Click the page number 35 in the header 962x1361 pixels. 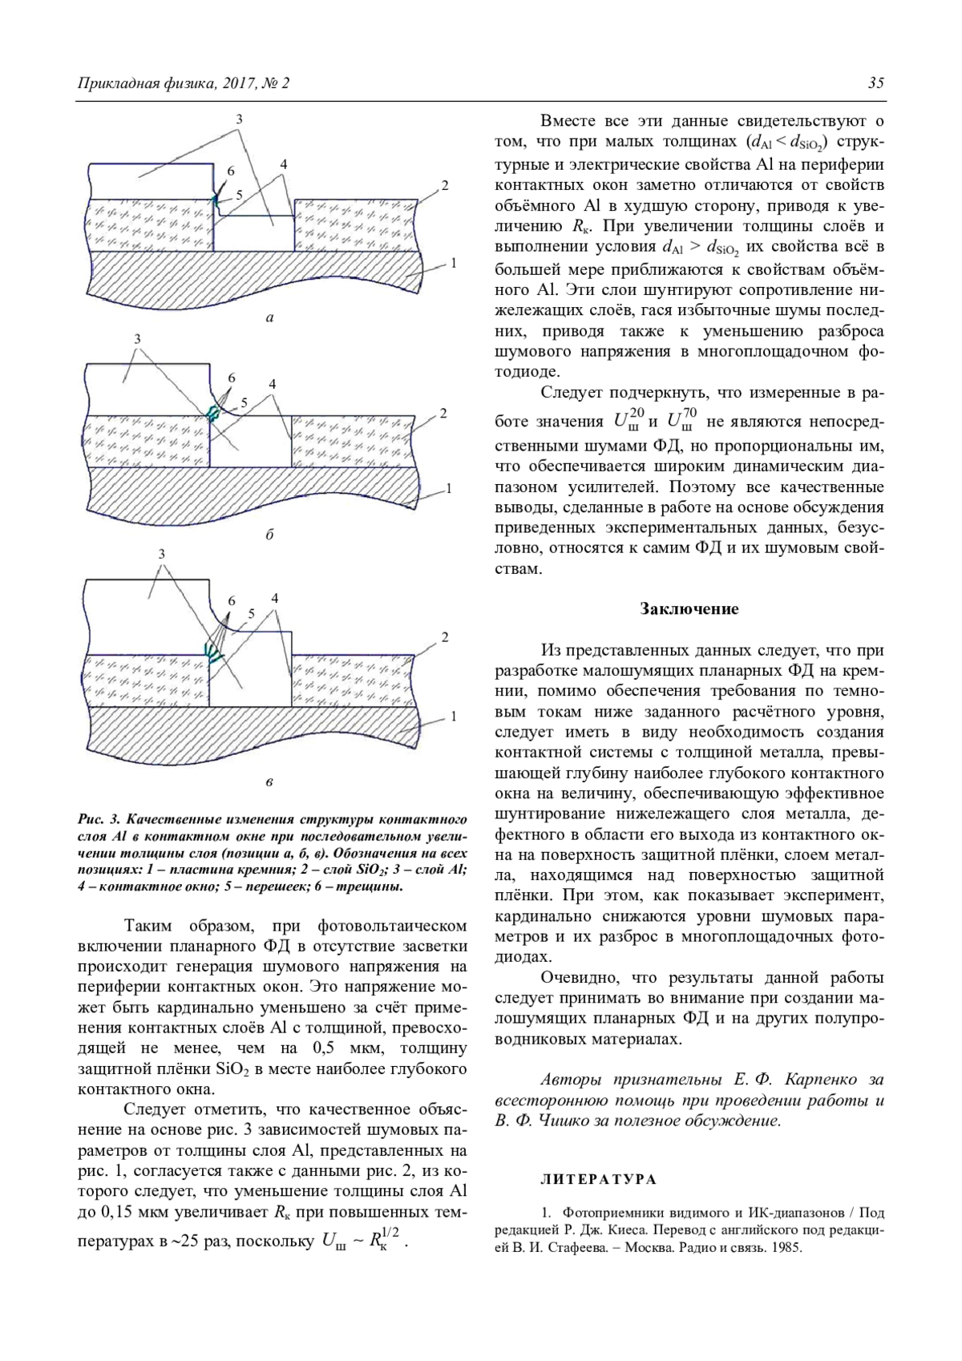point(875,83)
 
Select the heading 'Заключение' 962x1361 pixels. point(689,609)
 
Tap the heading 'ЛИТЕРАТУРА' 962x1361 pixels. point(599,1179)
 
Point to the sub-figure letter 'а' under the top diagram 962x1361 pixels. point(269,318)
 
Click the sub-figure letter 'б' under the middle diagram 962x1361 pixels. point(269,535)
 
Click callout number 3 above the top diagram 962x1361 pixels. point(239,118)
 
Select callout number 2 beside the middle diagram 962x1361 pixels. point(443,414)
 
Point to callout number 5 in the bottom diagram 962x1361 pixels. point(251,613)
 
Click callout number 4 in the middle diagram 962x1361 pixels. point(273,383)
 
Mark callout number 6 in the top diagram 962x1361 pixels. point(231,172)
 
